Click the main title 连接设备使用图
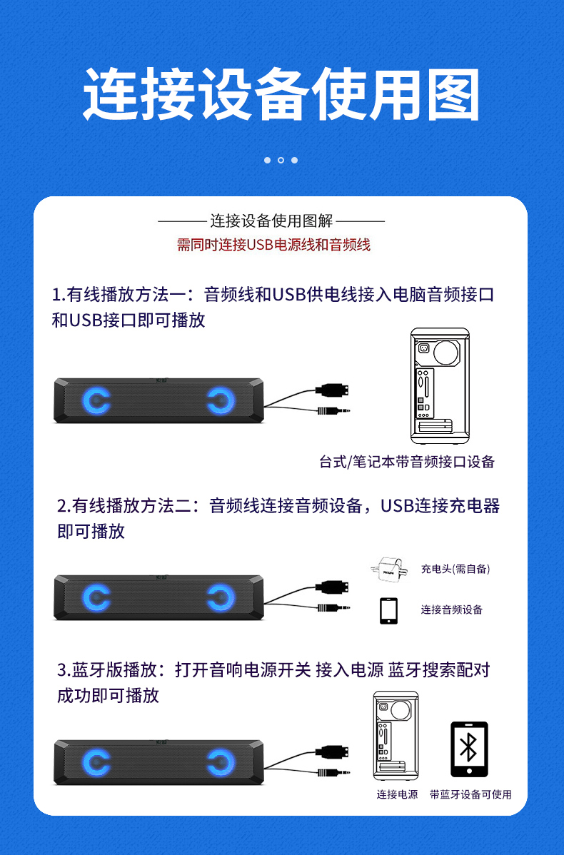[281, 94]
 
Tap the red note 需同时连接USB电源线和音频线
[273, 245]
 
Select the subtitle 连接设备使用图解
[271, 221]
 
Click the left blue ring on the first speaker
[96, 401]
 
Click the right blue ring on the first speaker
[221, 401]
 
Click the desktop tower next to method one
[439, 386]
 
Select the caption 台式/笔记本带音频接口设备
[407, 462]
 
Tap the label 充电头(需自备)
[455, 569]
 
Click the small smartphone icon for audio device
[388, 610]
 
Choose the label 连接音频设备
[451, 609]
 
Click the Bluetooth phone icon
[469, 749]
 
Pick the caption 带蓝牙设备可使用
[470, 794]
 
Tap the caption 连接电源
[398, 794]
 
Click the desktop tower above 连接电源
[396, 735]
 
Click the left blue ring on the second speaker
[96, 597]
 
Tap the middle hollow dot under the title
[281, 160]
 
